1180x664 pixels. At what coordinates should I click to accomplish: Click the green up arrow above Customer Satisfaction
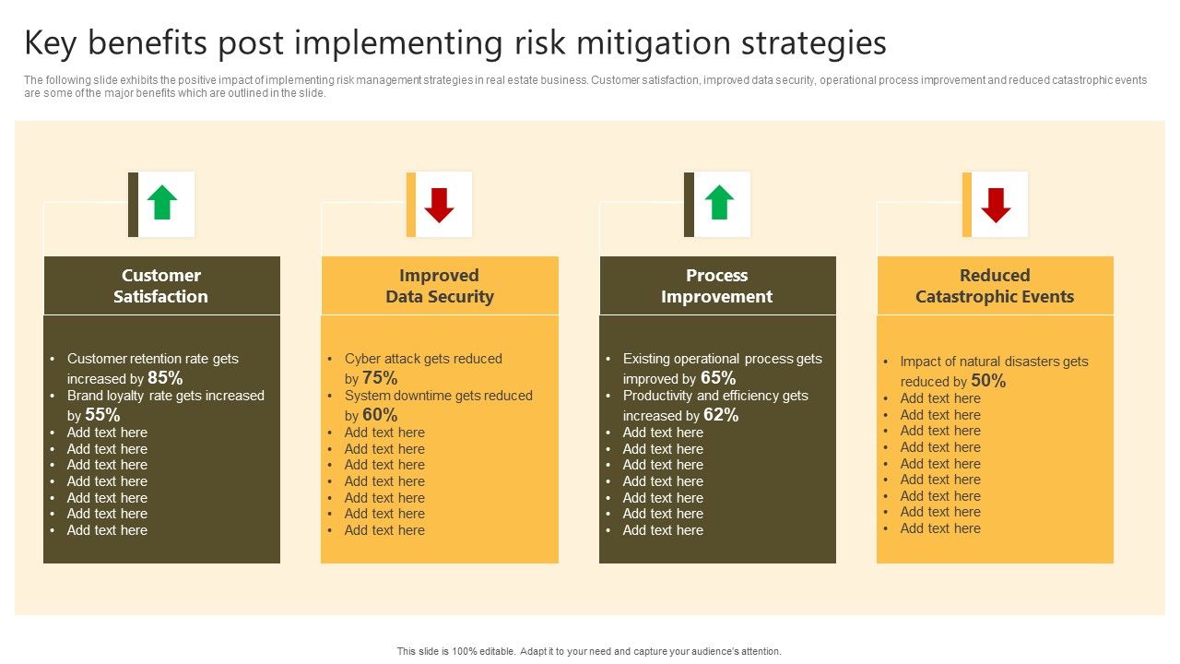point(161,202)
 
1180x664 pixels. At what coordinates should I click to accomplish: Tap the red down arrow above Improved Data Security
point(440,205)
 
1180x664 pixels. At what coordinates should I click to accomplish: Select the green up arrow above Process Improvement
point(719,202)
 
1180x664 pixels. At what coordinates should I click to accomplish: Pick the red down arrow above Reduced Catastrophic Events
point(996,205)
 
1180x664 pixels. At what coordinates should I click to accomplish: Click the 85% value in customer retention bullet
point(165,378)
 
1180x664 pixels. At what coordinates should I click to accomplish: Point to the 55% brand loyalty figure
point(102,415)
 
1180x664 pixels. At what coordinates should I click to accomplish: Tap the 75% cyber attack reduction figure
point(380,378)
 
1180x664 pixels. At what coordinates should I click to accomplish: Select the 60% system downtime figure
point(380,415)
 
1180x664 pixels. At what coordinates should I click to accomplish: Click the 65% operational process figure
point(718,378)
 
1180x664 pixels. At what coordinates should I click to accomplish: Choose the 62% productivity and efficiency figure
point(721,415)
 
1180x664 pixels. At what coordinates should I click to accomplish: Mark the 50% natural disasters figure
point(988,381)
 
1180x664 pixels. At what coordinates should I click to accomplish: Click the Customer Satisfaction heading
point(160,286)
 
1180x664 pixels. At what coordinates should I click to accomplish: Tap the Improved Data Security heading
point(440,286)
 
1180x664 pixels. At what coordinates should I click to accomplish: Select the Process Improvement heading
point(716,286)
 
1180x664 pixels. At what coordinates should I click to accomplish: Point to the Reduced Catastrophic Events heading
point(995,286)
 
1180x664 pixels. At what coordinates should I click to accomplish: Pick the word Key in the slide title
point(50,43)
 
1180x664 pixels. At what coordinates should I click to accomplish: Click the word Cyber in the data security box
point(362,359)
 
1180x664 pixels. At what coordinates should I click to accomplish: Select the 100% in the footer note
point(464,651)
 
